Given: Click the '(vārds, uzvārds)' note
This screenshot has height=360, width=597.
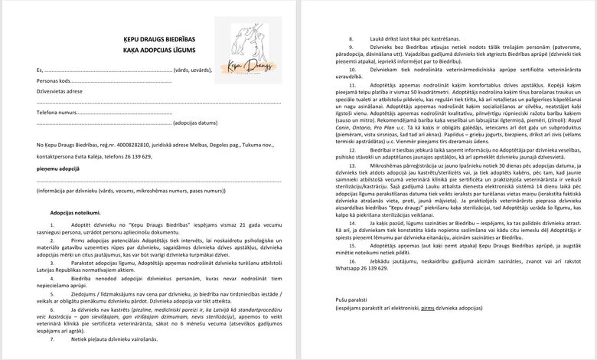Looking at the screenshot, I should pos(194,69).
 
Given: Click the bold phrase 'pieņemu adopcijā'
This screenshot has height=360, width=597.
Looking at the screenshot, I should pos(58,167).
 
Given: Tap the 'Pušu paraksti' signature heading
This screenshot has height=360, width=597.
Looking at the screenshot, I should pos(351,299).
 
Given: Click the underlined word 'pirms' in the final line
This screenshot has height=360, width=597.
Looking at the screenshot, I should pos(429,307).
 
